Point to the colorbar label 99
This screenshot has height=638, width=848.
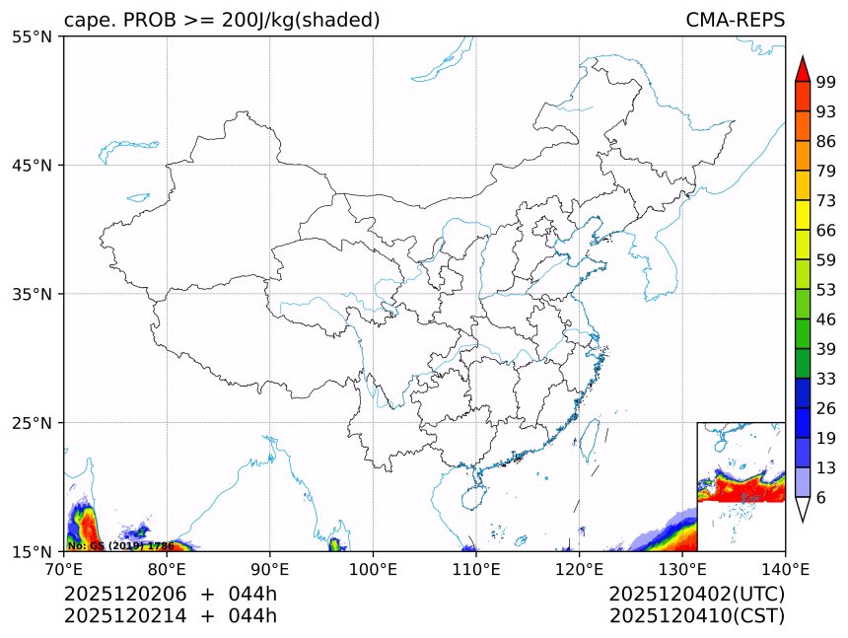(x=826, y=83)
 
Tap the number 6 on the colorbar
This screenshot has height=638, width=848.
(x=820, y=498)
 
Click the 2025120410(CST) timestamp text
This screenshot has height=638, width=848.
(x=696, y=616)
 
